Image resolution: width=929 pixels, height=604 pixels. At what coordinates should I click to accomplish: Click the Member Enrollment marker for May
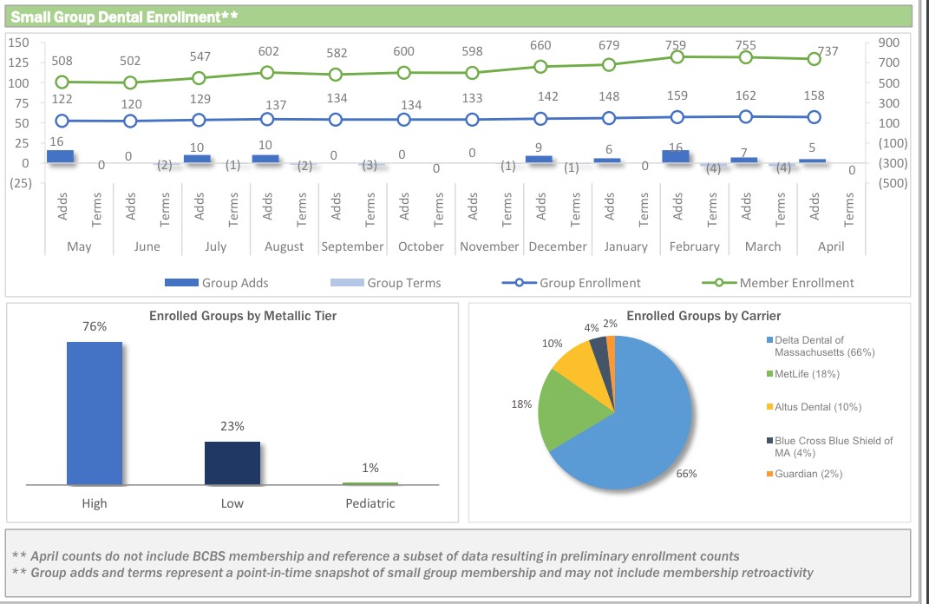[x=62, y=82]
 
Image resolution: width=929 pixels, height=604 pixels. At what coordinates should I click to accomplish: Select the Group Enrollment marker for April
[x=814, y=117]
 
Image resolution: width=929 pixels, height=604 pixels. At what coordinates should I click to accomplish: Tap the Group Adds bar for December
[x=539, y=159]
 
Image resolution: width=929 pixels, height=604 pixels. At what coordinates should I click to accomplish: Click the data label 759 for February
[x=676, y=45]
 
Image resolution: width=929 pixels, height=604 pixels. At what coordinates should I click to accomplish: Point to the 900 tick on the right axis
[x=888, y=43]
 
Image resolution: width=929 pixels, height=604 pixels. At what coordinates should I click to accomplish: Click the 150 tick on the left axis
[x=18, y=43]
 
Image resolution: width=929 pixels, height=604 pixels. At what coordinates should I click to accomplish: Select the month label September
[x=352, y=246]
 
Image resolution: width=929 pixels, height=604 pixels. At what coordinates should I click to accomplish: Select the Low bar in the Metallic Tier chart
[x=232, y=463]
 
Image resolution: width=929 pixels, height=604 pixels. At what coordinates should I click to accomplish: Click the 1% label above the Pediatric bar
[x=370, y=468]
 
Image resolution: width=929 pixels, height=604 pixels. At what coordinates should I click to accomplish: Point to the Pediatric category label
[x=370, y=503]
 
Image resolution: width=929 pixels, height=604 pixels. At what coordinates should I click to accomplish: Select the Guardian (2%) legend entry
[x=808, y=474]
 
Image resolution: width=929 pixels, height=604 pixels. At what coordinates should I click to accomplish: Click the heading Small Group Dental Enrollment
[x=121, y=16]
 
